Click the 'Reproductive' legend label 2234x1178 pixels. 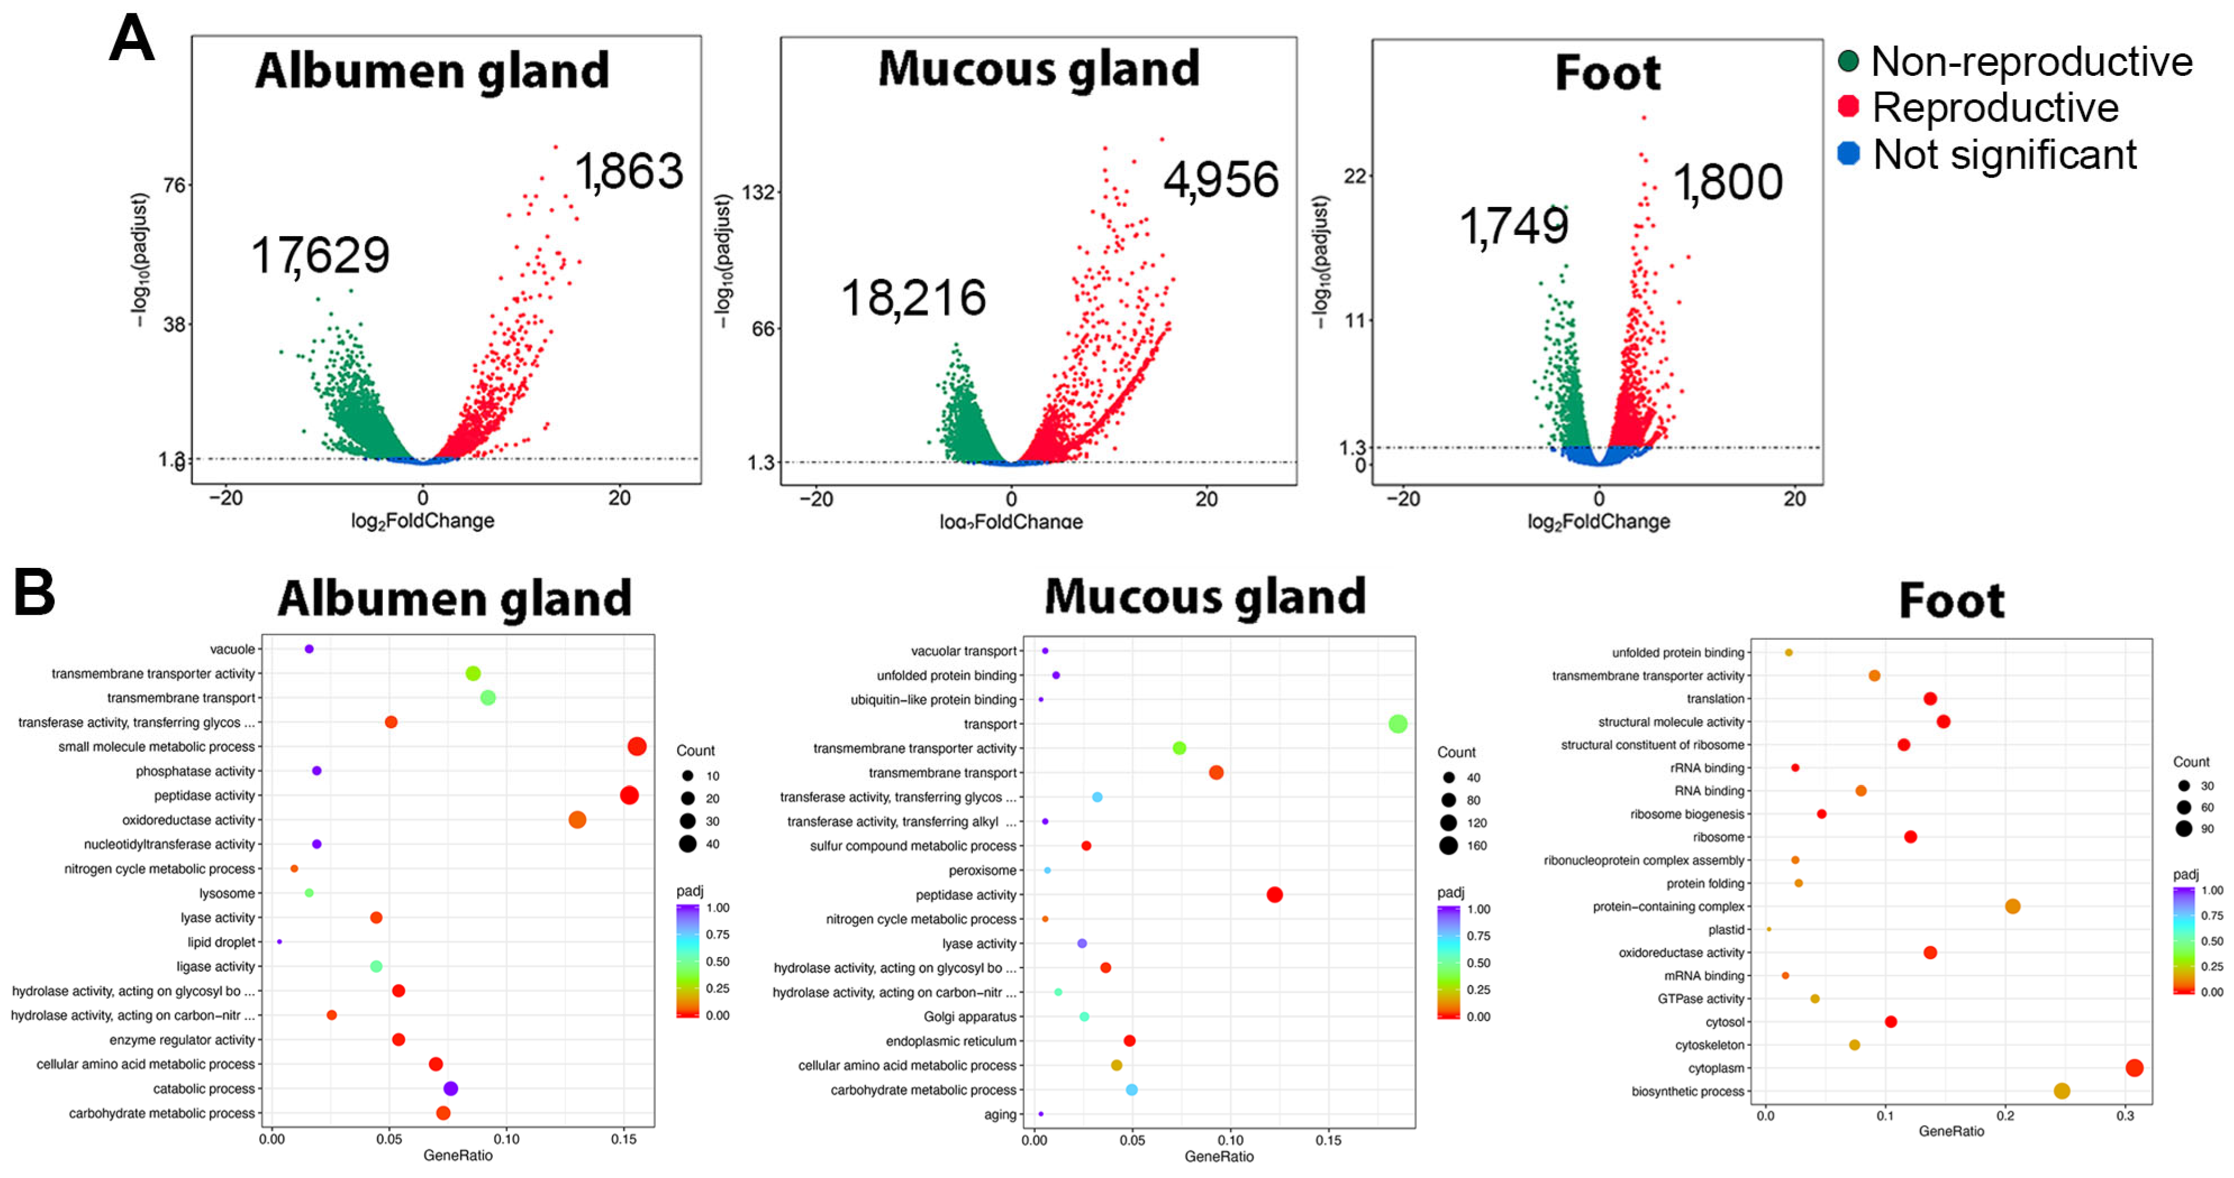[x=1995, y=107]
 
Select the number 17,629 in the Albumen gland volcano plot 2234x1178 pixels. [x=320, y=255]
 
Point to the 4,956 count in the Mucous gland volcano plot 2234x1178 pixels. [x=1220, y=179]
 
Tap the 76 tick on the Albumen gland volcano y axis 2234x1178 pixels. [x=174, y=185]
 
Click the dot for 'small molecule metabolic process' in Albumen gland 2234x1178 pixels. [x=637, y=746]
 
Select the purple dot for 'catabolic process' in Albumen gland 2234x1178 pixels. [x=450, y=1089]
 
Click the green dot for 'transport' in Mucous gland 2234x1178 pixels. [x=1397, y=724]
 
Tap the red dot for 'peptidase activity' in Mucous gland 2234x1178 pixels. [x=1274, y=895]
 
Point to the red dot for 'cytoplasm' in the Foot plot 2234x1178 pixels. [x=2135, y=1068]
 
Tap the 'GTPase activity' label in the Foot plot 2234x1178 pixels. [x=1700, y=999]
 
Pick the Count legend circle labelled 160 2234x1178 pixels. [x=1448, y=846]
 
